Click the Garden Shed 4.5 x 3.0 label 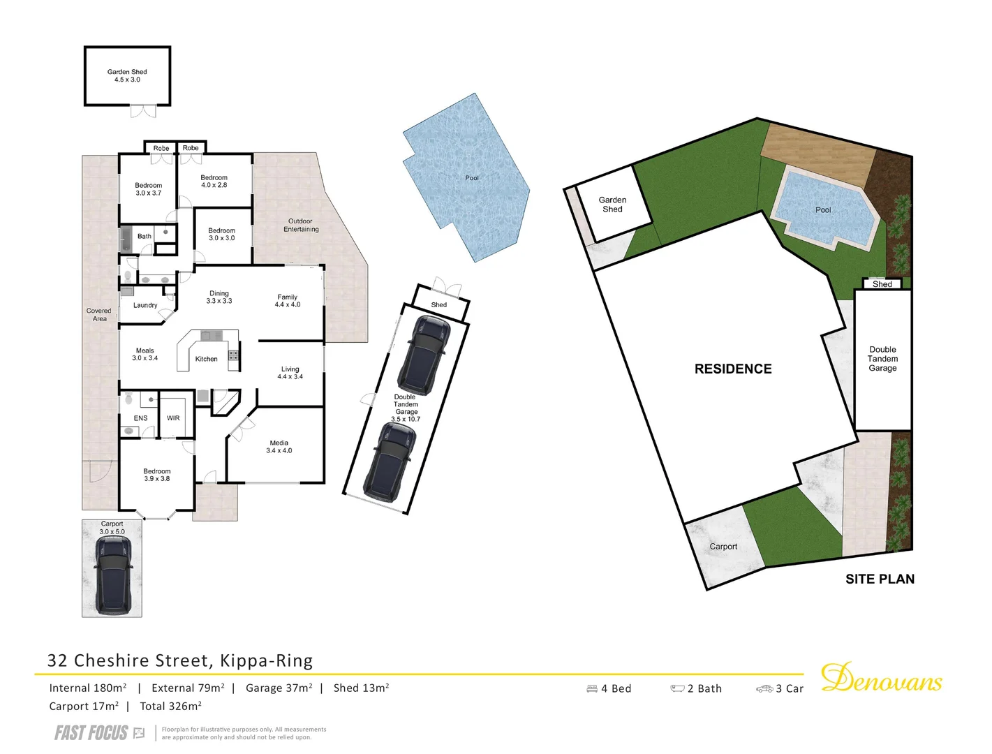tap(127, 75)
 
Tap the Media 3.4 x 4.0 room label tap(279, 447)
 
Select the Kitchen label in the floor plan tap(206, 359)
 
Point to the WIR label tap(173, 418)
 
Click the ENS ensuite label tap(140, 418)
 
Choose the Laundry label tap(145, 305)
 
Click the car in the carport tap(112, 579)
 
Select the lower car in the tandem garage tap(391, 461)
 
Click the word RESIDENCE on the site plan tap(733, 369)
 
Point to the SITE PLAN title tap(880, 579)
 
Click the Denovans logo tap(881, 679)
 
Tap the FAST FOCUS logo tap(91, 732)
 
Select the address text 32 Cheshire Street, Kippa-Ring tap(180, 660)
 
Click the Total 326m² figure tap(170, 706)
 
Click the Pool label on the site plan tap(823, 209)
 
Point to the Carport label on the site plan tap(723, 547)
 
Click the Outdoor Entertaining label tap(301, 225)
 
